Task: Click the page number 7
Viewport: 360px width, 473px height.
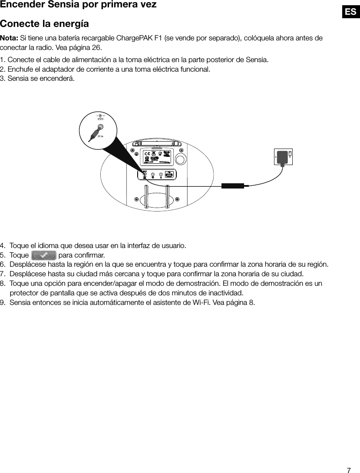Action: click(x=349, y=470)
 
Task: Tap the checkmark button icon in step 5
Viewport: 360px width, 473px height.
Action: click(x=43, y=255)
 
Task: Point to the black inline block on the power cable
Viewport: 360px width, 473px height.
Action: click(x=233, y=186)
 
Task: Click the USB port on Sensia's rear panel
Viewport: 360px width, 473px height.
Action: click(x=170, y=175)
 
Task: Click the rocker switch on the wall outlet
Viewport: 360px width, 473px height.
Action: click(x=290, y=154)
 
